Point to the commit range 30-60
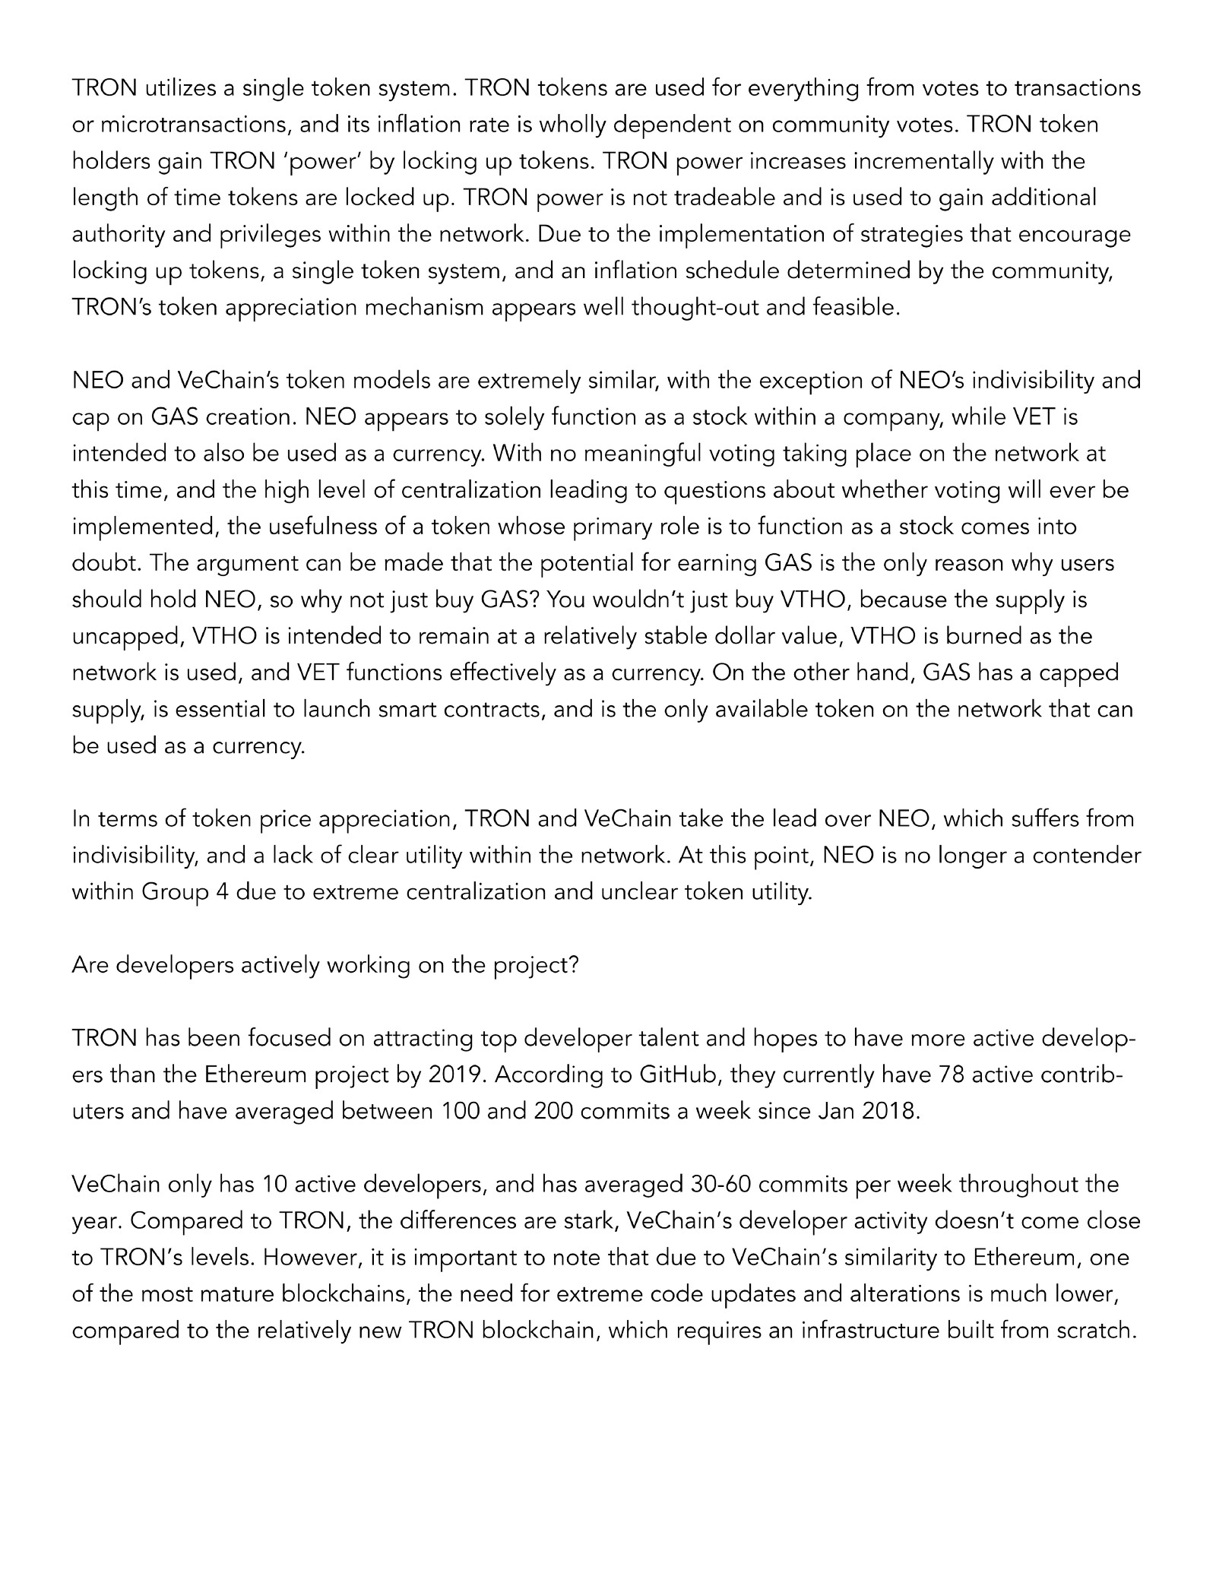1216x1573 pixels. click(x=725, y=1185)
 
